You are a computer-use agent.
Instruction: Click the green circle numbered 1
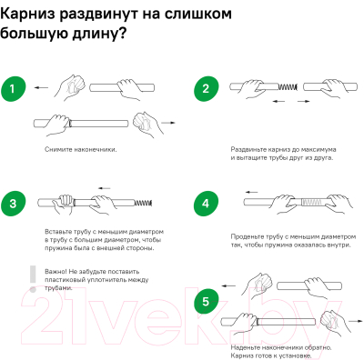14,89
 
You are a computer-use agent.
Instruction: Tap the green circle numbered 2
207,89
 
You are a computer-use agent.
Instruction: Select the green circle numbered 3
14,203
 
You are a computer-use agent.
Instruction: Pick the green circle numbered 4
207,203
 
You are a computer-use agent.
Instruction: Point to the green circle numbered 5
207,302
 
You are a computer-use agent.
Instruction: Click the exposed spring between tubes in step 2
288,87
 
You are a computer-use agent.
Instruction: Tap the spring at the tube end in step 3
143,202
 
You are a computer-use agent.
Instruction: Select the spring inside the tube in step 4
312,202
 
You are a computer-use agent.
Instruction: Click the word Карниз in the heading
28,15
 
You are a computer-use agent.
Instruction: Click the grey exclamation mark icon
33,279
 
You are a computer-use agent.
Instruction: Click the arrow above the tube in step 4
251,192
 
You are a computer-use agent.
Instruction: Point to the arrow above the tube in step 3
105,188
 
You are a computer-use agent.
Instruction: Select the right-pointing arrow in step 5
356,321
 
